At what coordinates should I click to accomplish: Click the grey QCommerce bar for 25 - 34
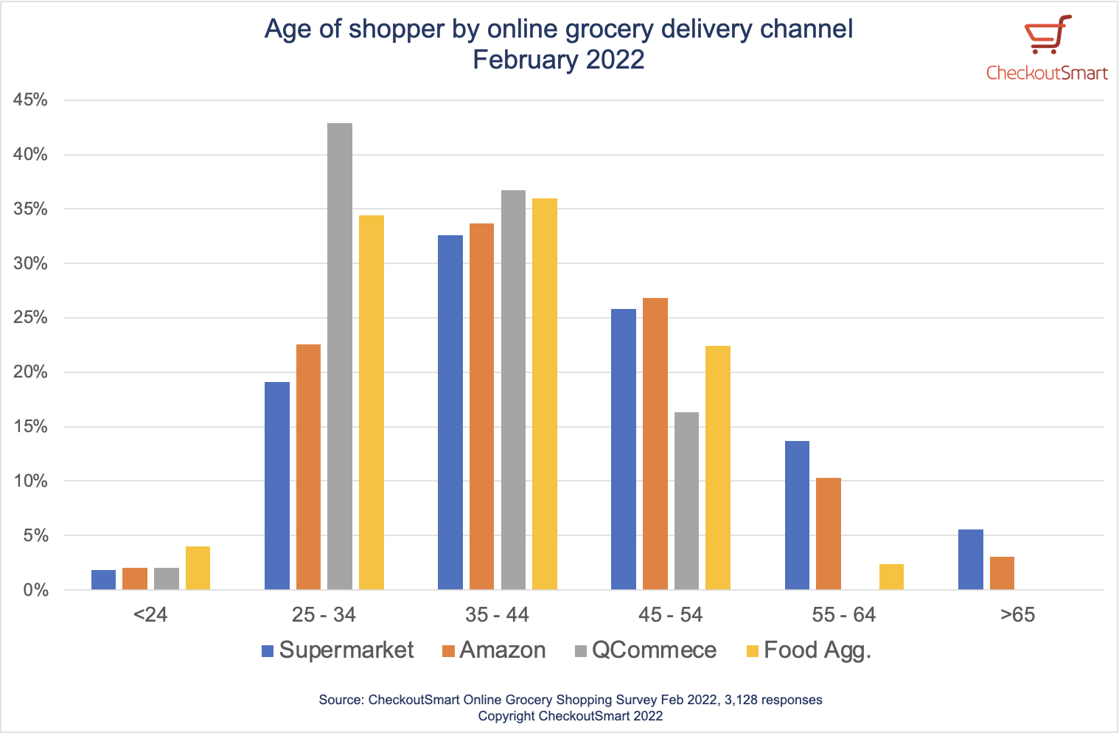click(340, 356)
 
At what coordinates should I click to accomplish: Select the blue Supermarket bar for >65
click(970, 560)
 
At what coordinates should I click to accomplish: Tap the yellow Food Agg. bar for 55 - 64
click(891, 577)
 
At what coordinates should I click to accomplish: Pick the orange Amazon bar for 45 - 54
click(655, 443)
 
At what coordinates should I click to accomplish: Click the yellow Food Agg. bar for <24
click(198, 568)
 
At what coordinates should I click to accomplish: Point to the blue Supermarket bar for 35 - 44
click(450, 412)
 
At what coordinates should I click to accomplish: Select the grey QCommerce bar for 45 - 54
click(686, 501)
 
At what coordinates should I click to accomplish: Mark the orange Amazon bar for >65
click(1002, 573)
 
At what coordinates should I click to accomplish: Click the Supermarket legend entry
click(338, 650)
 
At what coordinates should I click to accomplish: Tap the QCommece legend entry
click(646, 650)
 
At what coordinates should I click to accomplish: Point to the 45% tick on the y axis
click(30, 100)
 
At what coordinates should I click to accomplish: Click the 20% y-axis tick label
click(30, 372)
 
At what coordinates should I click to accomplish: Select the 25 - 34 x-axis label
click(324, 615)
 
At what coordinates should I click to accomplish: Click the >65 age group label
click(1017, 615)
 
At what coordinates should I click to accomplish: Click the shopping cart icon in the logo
click(1047, 35)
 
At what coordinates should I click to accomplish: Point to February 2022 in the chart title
click(559, 60)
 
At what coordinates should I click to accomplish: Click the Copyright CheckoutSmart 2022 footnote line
click(570, 716)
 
